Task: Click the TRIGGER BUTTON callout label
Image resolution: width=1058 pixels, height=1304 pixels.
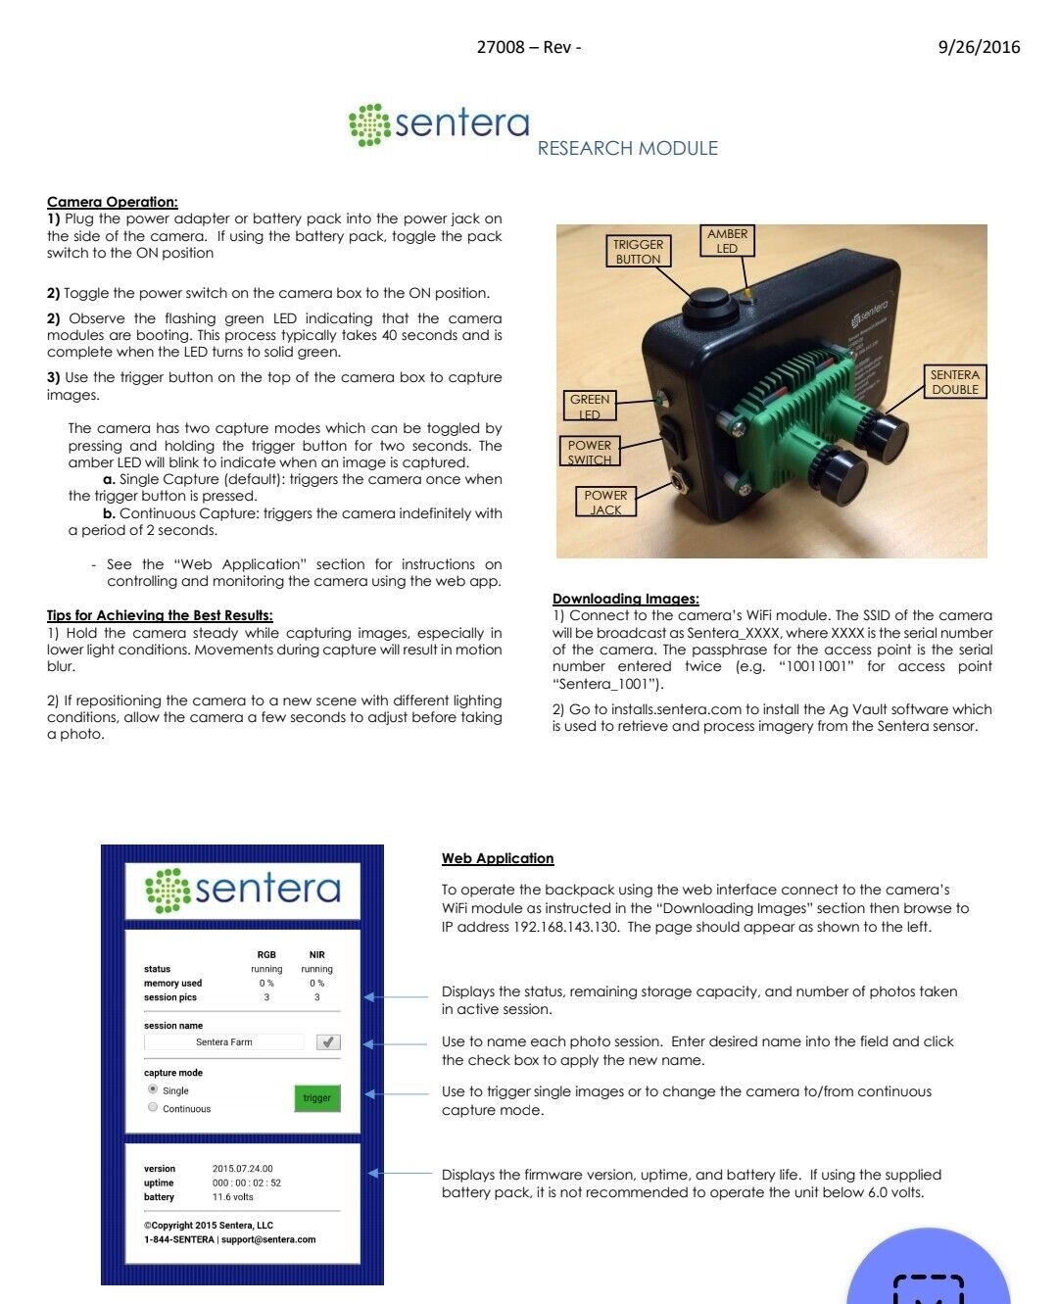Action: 638,252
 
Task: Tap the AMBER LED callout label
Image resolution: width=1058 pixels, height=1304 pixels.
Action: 727,241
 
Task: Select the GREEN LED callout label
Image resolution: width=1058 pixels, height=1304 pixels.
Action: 590,407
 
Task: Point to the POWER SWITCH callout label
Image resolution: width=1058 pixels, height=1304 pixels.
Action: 590,452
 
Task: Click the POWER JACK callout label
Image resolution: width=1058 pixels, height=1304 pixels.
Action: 605,502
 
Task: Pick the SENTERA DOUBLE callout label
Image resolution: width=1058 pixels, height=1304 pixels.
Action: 954,382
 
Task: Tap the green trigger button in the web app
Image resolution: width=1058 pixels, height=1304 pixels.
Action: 316,1098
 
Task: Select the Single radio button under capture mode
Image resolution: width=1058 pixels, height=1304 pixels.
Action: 153,1089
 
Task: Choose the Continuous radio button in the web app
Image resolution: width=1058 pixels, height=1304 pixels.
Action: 153,1108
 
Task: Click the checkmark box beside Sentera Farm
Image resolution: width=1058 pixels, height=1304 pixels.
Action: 328,1042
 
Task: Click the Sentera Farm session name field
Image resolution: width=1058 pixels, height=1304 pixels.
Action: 224,1042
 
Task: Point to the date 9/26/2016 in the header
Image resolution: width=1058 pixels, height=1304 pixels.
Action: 979,47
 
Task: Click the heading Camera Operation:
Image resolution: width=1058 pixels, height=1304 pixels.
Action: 113,202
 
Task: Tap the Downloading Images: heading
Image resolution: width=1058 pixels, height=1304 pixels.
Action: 626,599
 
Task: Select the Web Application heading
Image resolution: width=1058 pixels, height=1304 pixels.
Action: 498,858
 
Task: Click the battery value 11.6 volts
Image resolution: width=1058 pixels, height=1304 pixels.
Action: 233,1197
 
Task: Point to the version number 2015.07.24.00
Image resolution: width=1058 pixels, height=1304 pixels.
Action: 243,1169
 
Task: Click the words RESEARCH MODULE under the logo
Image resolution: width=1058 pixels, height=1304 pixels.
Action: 627,149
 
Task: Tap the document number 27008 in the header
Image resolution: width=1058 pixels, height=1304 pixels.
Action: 501,47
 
